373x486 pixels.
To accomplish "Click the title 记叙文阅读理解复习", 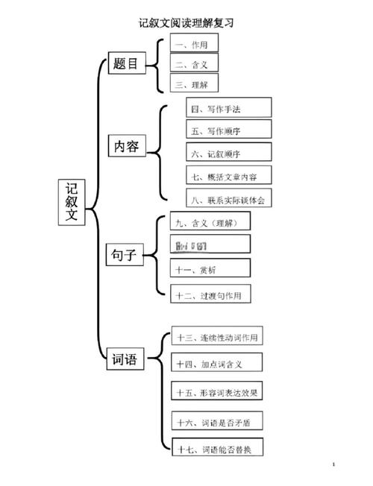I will (x=186, y=22).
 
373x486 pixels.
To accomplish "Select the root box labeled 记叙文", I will (x=71, y=203).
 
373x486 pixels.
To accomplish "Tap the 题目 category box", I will (x=125, y=64).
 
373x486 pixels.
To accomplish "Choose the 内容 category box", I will (x=125, y=146).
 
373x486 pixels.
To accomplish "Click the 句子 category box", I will (x=125, y=257).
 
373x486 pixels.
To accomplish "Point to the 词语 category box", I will (x=125, y=361).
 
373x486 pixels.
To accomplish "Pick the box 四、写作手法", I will (x=228, y=109).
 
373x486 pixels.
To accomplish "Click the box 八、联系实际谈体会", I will (x=228, y=200).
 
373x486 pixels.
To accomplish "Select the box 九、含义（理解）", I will (x=210, y=222).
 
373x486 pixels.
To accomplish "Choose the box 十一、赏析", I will (x=210, y=268).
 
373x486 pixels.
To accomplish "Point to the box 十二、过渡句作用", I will (x=210, y=295).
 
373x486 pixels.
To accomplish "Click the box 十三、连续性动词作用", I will (x=218, y=338).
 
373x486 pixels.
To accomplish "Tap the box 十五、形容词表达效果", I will (x=218, y=391).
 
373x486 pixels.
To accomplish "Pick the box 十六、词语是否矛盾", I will (x=218, y=422).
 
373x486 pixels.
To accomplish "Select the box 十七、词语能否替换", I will (x=218, y=449).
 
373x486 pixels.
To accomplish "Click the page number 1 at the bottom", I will (x=335, y=464).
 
